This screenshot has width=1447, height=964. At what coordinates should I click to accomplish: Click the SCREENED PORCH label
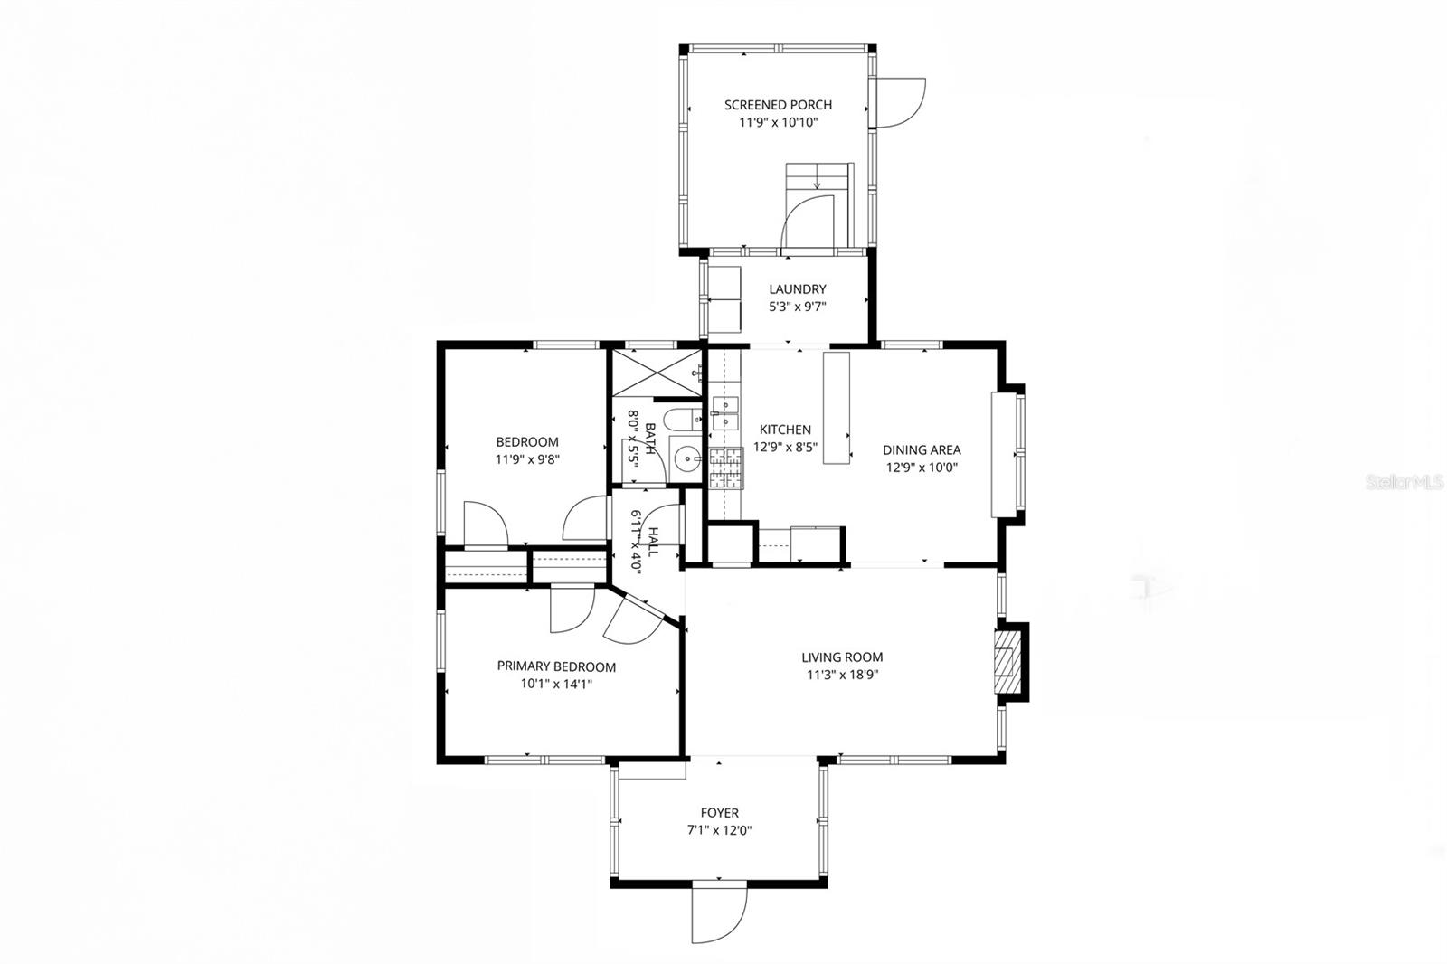pyautogui.click(x=778, y=105)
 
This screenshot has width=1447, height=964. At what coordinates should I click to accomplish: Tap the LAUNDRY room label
pyautogui.click(x=797, y=289)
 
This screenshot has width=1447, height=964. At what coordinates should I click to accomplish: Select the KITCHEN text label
pyautogui.click(x=784, y=430)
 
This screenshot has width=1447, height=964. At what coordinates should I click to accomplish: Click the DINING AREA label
pyautogui.click(x=921, y=449)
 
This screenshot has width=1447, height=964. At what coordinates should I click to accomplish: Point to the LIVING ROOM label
pyautogui.click(x=841, y=657)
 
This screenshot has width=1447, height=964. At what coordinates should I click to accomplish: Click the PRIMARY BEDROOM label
pyautogui.click(x=556, y=666)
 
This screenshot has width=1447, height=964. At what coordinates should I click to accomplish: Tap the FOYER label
pyautogui.click(x=719, y=813)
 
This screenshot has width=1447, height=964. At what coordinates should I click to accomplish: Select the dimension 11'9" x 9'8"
pyautogui.click(x=527, y=459)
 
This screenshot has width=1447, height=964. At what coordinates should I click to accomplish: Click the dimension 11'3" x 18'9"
pyautogui.click(x=841, y=675)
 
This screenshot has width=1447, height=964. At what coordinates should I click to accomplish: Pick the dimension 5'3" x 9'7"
pyautogui.click(x=797, y=307)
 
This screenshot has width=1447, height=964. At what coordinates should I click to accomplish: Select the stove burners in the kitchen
pyautogui.click(x=724, y=468)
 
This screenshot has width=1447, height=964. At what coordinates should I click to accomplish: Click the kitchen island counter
pyautogui.click(x=837, y=408)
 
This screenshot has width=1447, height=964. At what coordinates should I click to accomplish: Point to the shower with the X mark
pyautogui.click(x=657, y=373)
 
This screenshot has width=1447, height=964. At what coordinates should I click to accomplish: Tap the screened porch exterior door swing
pyautogui.click(x=899, y=101)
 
